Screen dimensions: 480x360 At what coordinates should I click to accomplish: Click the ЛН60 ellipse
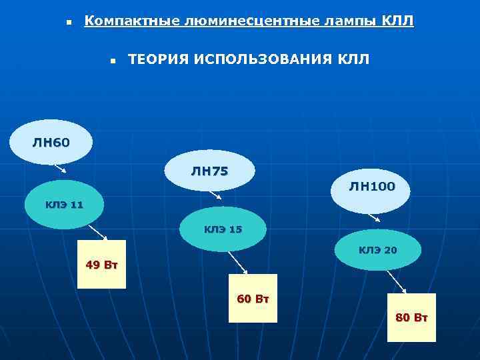click(x=51, y=141)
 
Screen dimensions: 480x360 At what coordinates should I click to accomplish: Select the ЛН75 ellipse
click(x=209, y=171)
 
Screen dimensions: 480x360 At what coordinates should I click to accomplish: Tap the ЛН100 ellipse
click(x=371, y=187)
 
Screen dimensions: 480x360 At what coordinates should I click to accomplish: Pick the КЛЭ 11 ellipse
click(x=64, y=205)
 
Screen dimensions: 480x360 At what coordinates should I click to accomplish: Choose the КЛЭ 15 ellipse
click(x=223, y=229)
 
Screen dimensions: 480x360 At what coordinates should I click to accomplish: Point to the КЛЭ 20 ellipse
click(x=377, y=251)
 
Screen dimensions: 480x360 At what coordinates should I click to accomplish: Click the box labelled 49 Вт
click(x=101, y=265)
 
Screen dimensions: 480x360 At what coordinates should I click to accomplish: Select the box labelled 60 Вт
click(x=253, y=298)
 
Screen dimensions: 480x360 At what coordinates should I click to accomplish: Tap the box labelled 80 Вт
click(x=411, y=317)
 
